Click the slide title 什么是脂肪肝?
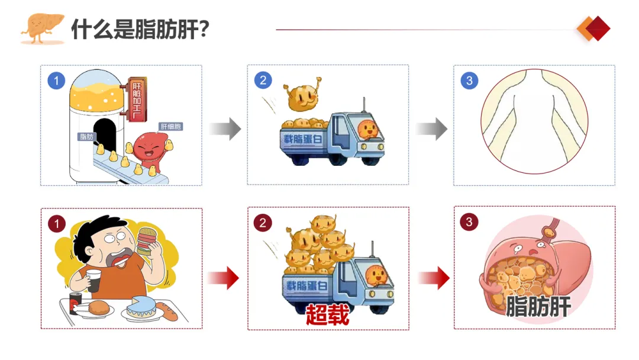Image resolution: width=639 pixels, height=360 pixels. (x=140, y=28)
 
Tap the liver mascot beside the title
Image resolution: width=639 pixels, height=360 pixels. (x=41, y=27)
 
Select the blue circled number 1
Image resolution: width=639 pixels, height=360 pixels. (x=56, y=81)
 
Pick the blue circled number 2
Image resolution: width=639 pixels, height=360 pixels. (x=263, y=80)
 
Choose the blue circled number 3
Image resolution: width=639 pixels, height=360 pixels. (x=469, y=81)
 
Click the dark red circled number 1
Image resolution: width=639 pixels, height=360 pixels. (x=56, y=224)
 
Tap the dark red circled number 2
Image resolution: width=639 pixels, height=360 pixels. (x=263, y=223)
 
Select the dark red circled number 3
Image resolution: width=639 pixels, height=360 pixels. (x=469, y=222)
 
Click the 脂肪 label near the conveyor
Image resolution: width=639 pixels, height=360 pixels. (x=86, y=137)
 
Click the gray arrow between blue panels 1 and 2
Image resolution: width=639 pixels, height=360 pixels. (x=225, y=128)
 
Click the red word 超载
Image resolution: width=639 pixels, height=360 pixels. (x=327, y=314)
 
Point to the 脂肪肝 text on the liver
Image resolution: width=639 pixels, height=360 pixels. (x=538, y=307)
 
